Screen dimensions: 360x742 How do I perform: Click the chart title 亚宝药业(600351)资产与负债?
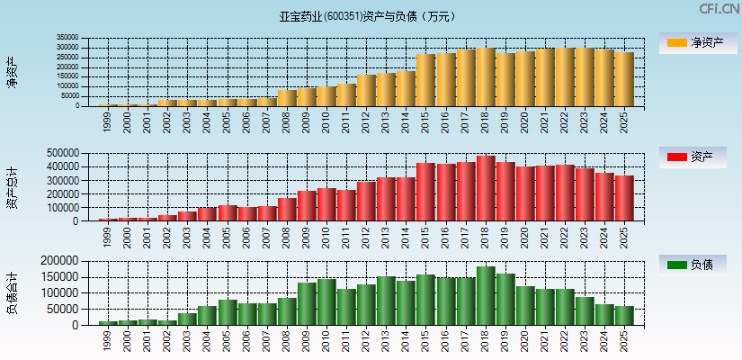[368, 16]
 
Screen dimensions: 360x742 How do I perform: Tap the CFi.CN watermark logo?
[720, 9]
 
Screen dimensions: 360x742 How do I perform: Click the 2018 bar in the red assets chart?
[486, 189]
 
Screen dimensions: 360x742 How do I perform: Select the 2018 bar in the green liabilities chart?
[486, 296]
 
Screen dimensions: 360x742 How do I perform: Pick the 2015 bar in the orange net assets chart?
[426, 80]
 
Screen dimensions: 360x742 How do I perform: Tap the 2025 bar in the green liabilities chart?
[624, 316]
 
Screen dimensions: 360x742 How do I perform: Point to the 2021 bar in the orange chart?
[545, 77]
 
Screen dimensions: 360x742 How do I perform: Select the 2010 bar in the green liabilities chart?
[327, 302]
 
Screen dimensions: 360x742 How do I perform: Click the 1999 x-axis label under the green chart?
[109, 338]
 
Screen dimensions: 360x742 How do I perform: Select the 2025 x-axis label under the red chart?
[624, 236]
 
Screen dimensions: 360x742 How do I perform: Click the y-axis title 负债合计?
[12, 292]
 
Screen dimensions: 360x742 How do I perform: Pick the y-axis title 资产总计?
[12, 187]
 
